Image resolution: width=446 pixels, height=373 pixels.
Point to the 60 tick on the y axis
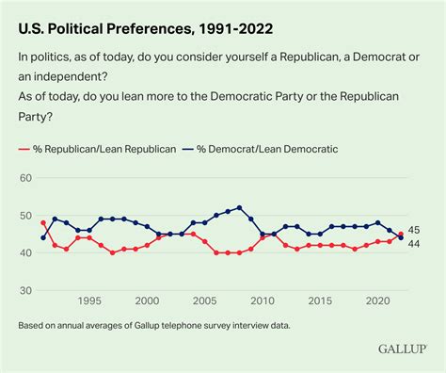(x=26, y=178)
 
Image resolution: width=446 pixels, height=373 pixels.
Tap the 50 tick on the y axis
(x=26, y=217)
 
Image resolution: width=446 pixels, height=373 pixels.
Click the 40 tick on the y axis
(x=26, y=254)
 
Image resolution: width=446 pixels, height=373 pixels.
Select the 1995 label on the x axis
(x=89, y=301)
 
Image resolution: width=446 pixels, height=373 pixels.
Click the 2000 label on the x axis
(x=147, y=301)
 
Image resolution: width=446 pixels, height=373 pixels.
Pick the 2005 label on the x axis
(x=204, y=301)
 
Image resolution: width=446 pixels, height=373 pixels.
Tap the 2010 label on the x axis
(x=263, y=301)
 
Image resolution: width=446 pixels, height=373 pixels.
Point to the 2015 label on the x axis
(x=320, y=301)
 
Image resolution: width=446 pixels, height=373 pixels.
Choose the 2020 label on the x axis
(x=377, y=301)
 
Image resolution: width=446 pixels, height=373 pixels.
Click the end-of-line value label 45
(x=413, y=230)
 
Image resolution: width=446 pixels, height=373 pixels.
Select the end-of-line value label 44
(x=413, y=244)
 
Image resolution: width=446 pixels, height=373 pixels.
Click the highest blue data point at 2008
(x=239, y=207)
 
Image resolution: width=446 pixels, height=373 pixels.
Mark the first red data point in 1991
(x=43, y=222)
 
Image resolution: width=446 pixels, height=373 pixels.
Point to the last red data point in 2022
(x=400, y=234)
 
